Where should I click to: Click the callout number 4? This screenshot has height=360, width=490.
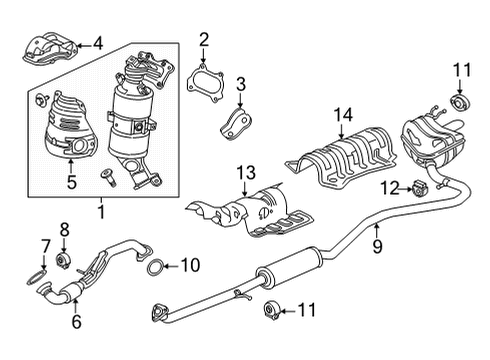click(x=98, y=44)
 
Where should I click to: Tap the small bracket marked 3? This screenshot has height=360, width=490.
click(x=236, y=123)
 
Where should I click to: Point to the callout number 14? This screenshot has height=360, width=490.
click(x=343, y=115)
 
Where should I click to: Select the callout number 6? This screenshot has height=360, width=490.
click(x=77, y=322)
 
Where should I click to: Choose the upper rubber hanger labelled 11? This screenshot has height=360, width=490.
click(x=460, y=102)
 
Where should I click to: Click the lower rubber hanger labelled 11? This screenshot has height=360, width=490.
click(x=273, y=311)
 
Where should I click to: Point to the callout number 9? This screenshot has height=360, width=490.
click(x=377, y=246)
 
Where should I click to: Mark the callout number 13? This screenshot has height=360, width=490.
click(x=246, y=173)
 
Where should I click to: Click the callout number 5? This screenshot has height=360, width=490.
click(x=72, y=182)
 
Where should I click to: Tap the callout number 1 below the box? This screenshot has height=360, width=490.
click(x=101, y=212)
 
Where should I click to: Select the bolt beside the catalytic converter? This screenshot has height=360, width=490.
click(x=109, y=177)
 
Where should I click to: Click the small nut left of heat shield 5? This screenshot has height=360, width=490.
click(x=41, y=100)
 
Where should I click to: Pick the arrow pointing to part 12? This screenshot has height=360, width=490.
click(x=406, y=189)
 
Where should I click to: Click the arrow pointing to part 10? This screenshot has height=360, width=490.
click(x=172, y=266)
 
